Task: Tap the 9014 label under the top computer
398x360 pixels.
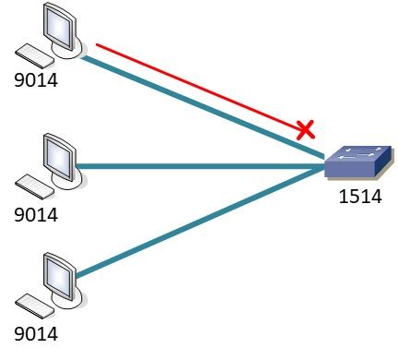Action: pos(37,80)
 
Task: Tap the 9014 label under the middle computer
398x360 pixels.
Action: pos(37,215)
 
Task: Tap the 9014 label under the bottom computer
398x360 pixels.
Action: pos(37,328)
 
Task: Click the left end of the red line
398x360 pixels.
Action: pos(98,42)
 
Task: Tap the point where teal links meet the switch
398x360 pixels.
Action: pos(325,165)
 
